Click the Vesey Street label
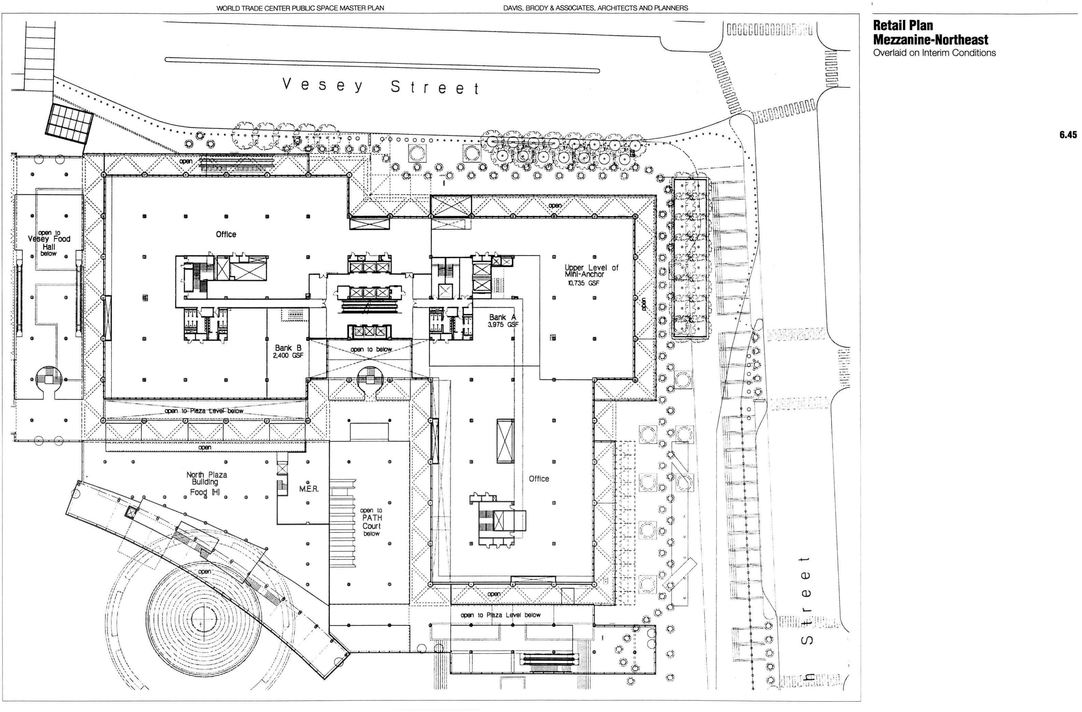tap(380, 86)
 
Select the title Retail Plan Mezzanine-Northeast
tap(930, 32)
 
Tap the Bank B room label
tap(288, 348)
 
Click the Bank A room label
tap(502, 317)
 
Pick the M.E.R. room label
tap(309, 489)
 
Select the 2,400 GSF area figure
tap(288, 356)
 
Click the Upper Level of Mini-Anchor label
tap(591, 271)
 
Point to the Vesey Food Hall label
tap(49, 243)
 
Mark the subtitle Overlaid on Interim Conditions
tap(934, 53)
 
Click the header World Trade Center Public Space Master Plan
tap(300, 8)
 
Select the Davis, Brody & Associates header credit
tap(595, 8)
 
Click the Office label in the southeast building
tap(539, 478)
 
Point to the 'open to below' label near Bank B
tap(371, 350)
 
